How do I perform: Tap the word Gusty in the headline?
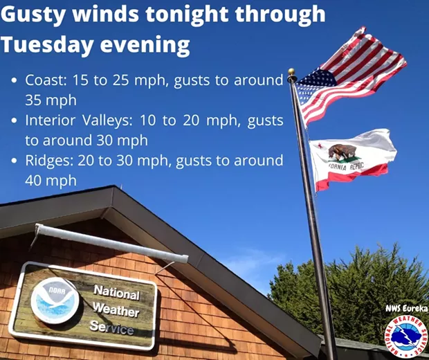pos(33,15)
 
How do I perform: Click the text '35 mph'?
pos(51,101)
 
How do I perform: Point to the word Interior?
pos(50,120)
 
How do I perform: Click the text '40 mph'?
pos(51,181)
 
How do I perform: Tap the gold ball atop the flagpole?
pos(291,72)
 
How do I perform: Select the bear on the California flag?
pos(342,152)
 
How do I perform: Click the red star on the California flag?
pos(319,145)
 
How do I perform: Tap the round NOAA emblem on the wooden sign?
pos(55,300)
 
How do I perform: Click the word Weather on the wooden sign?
pos(116,310)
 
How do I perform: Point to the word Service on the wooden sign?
pos(111,327)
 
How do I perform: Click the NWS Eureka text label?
pos(407,309)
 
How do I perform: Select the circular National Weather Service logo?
pos(406,336)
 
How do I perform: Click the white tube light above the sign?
pos(111,242)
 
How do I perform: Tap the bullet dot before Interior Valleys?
pos(15,120)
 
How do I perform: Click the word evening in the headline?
pos(145,45)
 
